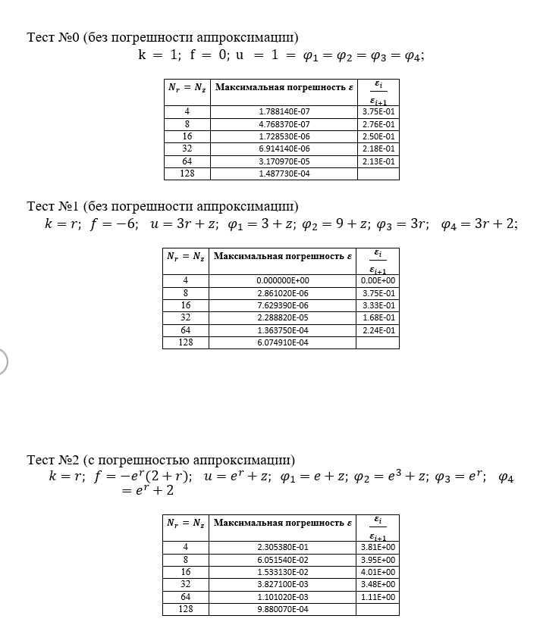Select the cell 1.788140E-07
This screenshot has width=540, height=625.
[284, 111]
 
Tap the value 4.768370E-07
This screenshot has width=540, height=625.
[284, 123]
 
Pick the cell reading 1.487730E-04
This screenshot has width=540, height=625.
[284, 173]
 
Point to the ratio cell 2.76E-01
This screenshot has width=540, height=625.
[378, 123]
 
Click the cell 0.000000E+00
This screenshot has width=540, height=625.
[284, 280]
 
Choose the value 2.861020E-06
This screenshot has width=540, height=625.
[283, 292]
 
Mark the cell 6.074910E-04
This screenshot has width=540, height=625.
[283, 342]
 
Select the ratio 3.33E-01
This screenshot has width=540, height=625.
[378, 305]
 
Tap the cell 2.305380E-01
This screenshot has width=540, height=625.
[283, 547]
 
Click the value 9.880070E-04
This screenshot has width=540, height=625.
[283, 609]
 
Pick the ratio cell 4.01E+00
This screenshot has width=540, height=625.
[378, 572]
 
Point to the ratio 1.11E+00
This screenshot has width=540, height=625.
[378, 597]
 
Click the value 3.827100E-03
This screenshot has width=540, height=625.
[283, 584]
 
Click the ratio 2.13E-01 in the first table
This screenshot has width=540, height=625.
[378, 161]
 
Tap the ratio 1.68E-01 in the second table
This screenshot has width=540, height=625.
[378, 317]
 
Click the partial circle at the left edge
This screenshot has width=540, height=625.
[2, 361]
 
